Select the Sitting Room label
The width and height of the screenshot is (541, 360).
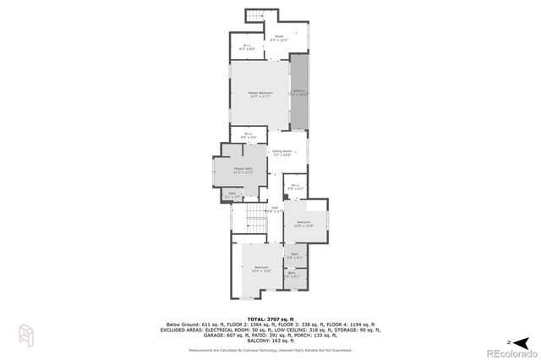click(x=281, y=153)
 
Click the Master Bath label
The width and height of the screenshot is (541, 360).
click(x=243, y=171)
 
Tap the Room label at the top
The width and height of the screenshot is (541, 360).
click(x=279, y=38)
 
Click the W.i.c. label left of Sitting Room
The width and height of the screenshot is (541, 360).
click(x=249, y=135)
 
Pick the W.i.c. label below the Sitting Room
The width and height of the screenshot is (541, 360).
click(x=294, y=188)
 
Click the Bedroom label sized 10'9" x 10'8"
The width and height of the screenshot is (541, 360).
click(x=303, y=224)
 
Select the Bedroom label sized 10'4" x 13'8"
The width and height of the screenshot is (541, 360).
click(x=261, y=269)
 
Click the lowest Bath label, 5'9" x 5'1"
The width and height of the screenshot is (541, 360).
click(x=292, y=275)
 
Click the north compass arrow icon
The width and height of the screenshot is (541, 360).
click(x=523, y=341)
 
